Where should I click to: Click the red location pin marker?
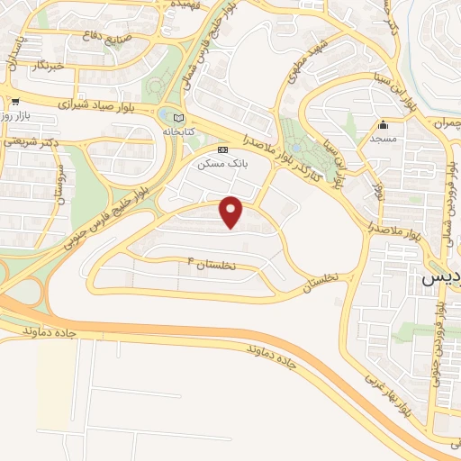click(232, 211)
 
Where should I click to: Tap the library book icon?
click(177, 118)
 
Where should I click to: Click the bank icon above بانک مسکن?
click(223, 149)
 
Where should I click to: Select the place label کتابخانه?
click(178, 132)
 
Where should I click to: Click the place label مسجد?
click(384, 140)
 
